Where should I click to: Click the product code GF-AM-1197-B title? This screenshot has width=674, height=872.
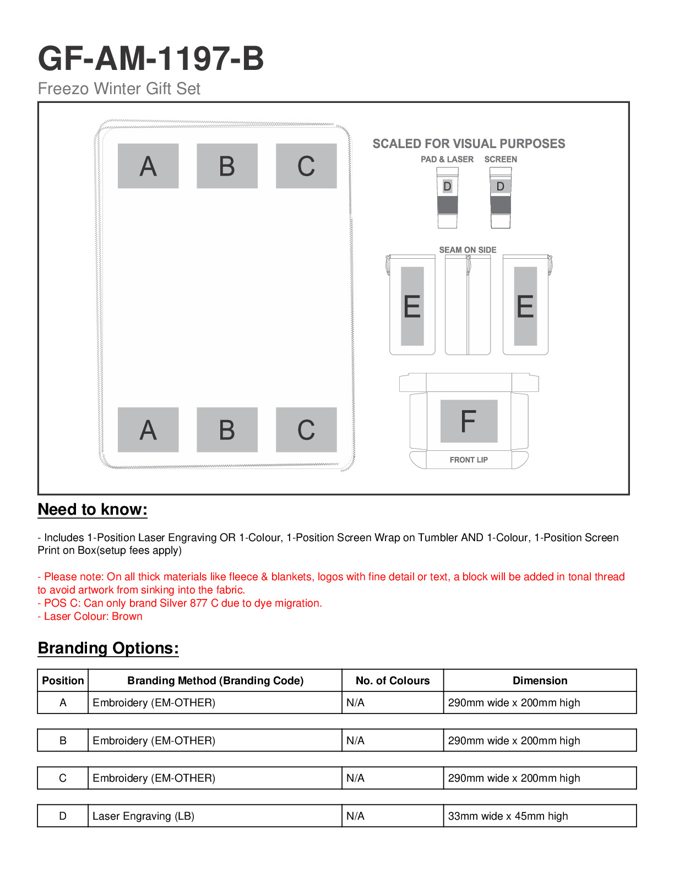[x=151, y=59]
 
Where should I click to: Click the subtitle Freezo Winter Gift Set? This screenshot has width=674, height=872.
[x=119, y=89]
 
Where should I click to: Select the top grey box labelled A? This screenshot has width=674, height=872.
[x=148, y=166]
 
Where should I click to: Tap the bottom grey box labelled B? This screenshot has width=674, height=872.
[x=227, y=429]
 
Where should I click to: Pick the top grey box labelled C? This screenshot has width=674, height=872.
[x=306, y=166]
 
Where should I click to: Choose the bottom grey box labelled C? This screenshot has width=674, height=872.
[x=306, y=429]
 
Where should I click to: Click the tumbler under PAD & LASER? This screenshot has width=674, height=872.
[x=447, y=198]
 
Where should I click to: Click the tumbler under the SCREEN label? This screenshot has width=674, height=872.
[x=500, y=198]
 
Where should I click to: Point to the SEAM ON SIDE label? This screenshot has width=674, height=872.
[x=468, y=250]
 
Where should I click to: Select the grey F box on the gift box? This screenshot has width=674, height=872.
[x=469, y=421]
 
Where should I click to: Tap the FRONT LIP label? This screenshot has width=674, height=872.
[x=469, y=460]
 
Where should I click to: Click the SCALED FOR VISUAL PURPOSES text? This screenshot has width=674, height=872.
[x=469, y=144]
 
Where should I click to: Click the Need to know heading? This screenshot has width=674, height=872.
[x=93, y=510]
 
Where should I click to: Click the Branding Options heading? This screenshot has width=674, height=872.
[x=108, y=648]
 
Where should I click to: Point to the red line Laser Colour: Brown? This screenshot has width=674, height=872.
[x=90, y=617]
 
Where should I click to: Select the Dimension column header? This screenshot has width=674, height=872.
[x=540, y=680]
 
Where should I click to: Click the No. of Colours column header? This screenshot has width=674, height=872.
[x=393, y=680]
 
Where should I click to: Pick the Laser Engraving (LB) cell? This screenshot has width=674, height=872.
[x=144, y=816]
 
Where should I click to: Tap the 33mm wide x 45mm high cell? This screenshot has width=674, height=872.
[x=508, y=816]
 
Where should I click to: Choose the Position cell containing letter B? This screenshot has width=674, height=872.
[x=63, y=740]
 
